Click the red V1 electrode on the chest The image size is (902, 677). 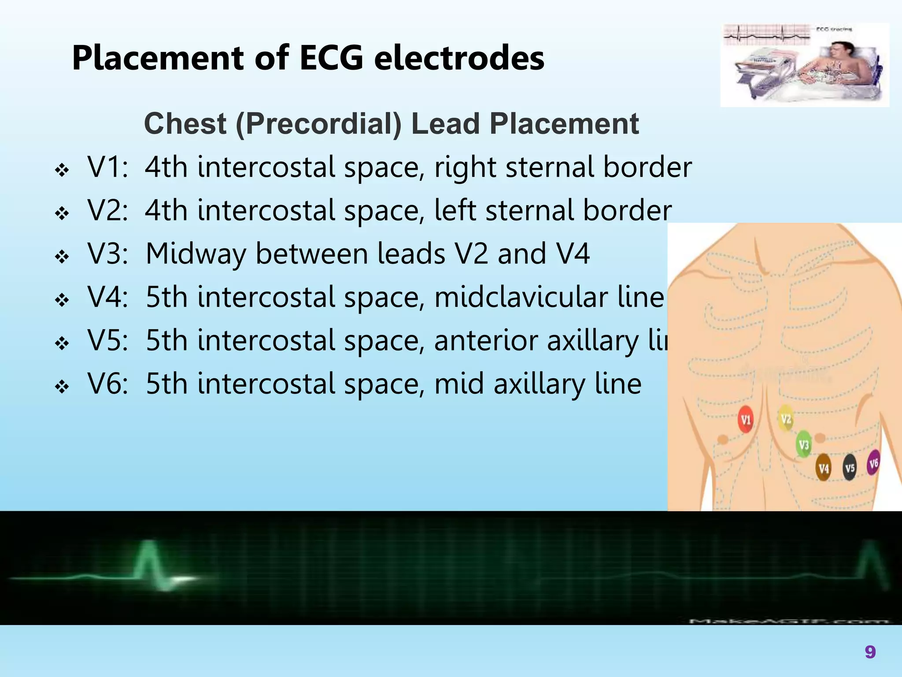click(x=745, y=419)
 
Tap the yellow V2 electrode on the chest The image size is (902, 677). click(x=786, y=419)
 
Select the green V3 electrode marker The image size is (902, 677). click(x=804, y=444)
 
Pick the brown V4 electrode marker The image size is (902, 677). click(x=824, y=468)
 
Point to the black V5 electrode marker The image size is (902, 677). click(x=850, y=468)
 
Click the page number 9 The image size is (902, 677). click(x=870, y=651)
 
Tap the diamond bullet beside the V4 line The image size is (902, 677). click(x=62, y=300)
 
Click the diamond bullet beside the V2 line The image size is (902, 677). click(x=62, y=213)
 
